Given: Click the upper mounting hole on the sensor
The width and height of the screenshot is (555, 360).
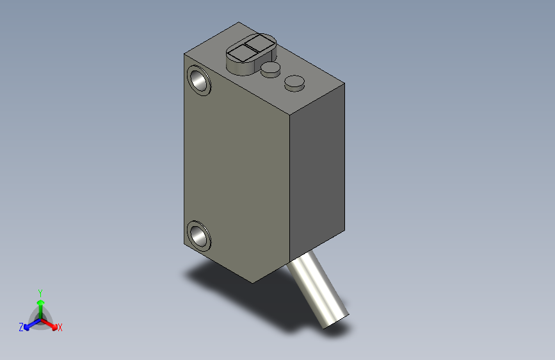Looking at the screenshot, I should point(200,81).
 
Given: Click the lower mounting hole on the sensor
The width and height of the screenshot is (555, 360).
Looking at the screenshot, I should point(200,235).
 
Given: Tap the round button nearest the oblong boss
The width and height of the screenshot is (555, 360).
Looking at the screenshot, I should point(271,69).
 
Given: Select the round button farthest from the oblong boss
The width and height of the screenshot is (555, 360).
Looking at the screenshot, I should point(294,82).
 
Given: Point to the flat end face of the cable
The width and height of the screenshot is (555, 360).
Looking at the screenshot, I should point(336,320).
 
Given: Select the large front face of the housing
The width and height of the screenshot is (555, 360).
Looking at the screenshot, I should point(237,167).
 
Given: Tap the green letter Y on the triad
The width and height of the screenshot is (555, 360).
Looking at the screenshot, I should point(40,291).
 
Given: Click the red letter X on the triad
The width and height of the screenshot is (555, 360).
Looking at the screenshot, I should point(60,327).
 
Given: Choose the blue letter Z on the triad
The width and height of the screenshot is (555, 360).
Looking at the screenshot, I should point(20,327).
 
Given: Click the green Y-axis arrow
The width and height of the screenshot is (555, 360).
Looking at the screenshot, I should point(40,305).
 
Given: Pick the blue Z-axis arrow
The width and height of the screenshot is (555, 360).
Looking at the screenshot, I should point(29,324).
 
